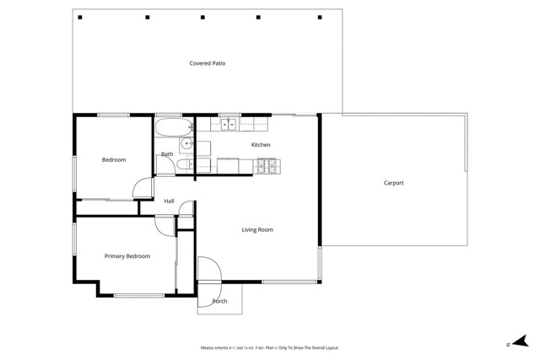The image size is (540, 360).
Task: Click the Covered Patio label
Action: [207, 63]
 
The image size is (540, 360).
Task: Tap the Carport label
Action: [393, 183]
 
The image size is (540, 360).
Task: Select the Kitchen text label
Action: [261, 145]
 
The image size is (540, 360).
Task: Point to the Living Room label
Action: [257, 229]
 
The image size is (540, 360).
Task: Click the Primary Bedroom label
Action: [127, 256]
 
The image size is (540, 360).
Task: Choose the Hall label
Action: [169, 201]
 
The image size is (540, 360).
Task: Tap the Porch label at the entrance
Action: [219, 301]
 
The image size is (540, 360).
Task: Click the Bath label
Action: [167, 154]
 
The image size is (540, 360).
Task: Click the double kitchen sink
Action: [229, 126]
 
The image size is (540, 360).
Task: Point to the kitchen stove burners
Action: [267, 166]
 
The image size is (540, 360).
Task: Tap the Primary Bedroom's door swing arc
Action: [164, 226]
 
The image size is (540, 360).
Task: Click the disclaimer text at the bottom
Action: [269, 347]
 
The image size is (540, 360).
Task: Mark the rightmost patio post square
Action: [320, 17]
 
